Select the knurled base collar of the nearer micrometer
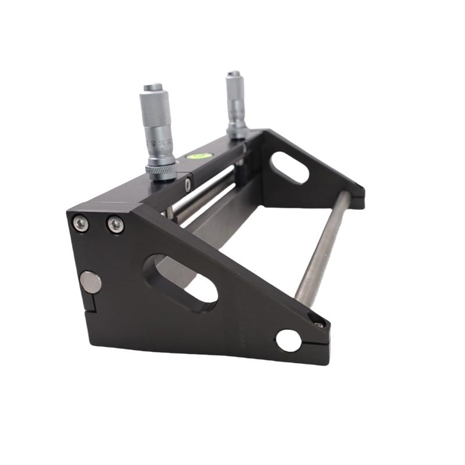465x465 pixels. coord(161,170)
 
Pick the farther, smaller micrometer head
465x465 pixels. coord(235,102)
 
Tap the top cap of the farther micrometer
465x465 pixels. coord(233,74)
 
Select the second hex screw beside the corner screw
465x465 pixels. coord(115,224)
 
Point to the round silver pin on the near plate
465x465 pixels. coord(90,282)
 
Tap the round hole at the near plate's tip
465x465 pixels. coord(289,340)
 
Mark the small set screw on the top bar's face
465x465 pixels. coord(188,185)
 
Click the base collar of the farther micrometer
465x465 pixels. coord(237,133)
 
